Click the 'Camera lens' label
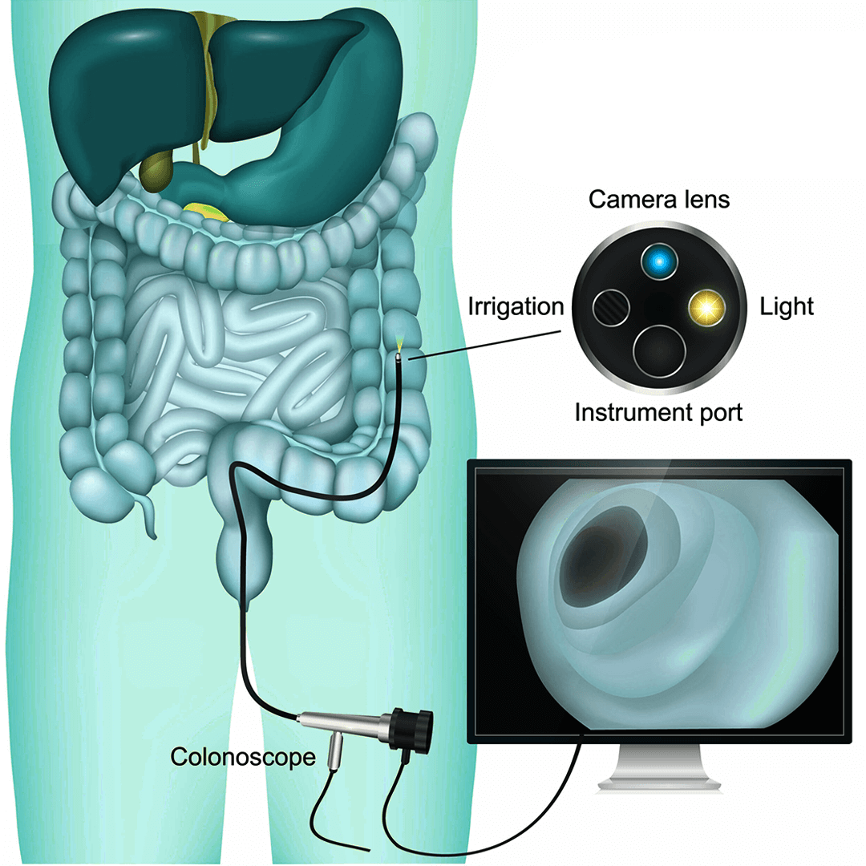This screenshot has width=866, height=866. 659,199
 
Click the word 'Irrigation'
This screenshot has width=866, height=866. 516,307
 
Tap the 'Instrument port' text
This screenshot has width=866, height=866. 659,413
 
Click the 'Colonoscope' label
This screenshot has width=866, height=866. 242,755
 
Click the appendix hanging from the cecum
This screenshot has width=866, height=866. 148,518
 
